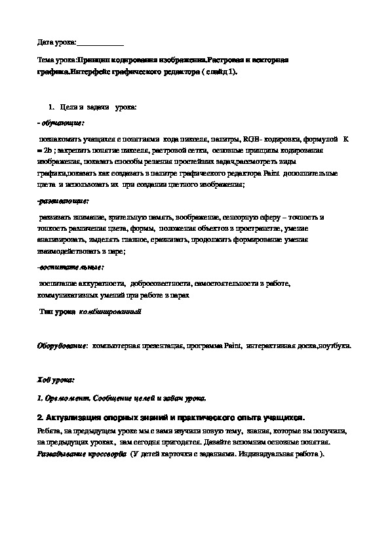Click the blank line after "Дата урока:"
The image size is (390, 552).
[100, 43]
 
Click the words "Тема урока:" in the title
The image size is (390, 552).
[54, 60]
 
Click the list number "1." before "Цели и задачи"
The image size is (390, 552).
[52, 106]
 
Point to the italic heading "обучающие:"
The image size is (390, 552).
[62, 122]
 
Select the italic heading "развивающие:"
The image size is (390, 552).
[63, 200]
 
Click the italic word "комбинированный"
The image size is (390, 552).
[110, 312]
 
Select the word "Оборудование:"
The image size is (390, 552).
[62, 345]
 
